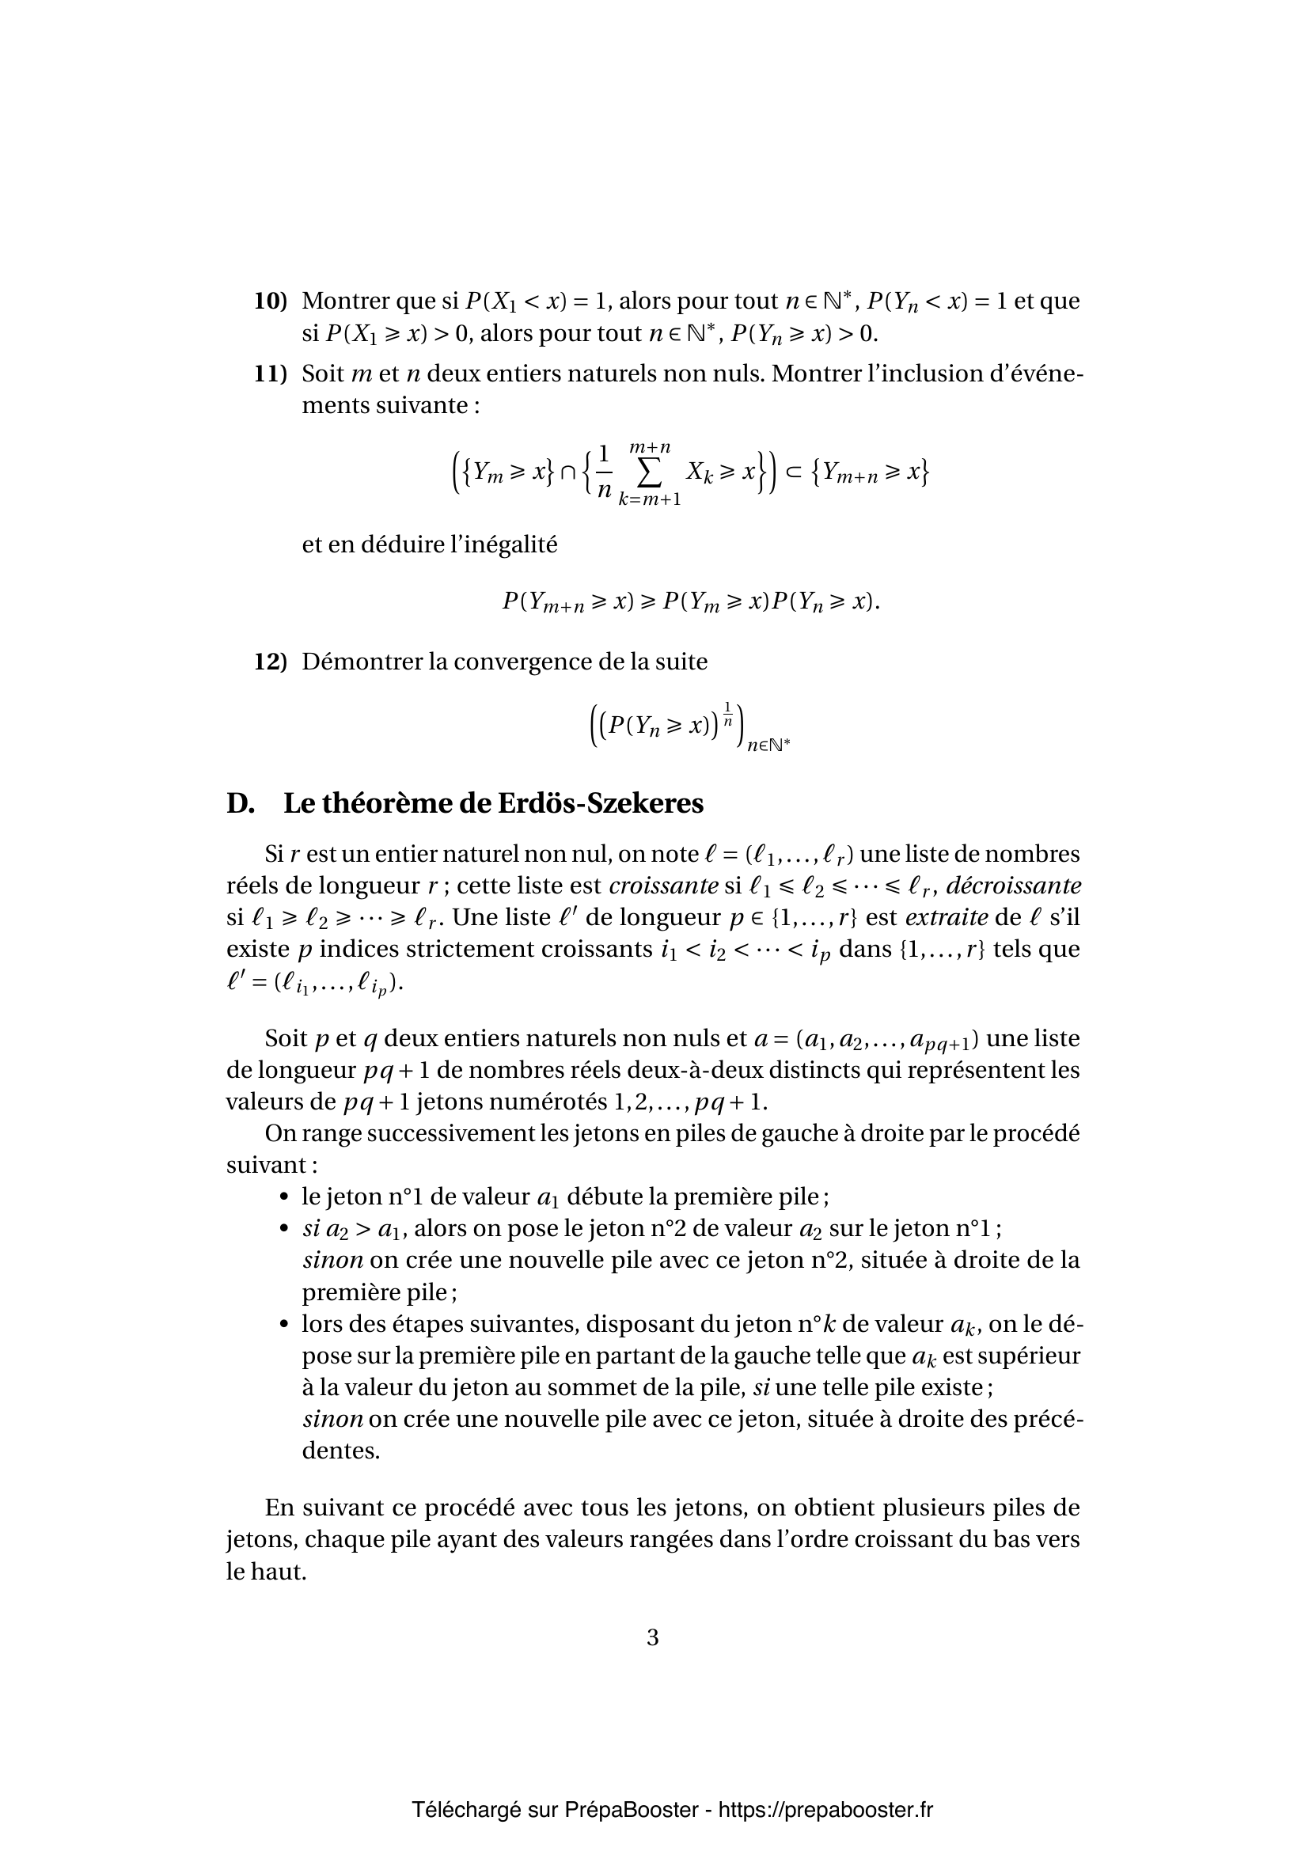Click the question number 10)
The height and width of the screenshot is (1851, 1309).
271,302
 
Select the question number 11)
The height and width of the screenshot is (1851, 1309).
271,374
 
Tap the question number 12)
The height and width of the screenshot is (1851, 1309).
271,662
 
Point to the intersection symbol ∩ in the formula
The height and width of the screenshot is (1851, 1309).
568,472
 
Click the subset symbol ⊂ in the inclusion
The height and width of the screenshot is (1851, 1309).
793,472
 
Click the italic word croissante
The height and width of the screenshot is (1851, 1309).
663,886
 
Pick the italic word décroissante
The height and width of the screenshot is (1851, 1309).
1013,886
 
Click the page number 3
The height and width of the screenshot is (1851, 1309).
653,1637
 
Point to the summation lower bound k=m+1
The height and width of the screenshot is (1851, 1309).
650,500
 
